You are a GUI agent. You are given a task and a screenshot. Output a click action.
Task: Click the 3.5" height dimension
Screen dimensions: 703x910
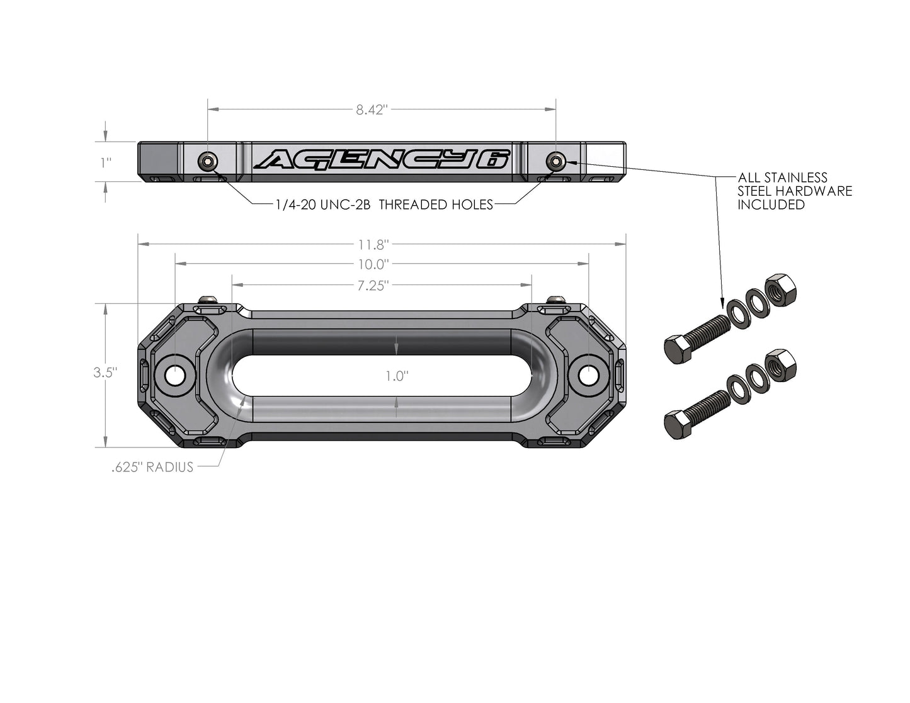click(105, 372)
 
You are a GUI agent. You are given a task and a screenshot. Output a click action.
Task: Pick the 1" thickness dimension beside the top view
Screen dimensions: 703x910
click(106, 162)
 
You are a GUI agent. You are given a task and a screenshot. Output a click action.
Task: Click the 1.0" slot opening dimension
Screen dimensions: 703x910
click(397, 376)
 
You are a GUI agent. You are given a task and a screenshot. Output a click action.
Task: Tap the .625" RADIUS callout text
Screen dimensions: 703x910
click(152, 468)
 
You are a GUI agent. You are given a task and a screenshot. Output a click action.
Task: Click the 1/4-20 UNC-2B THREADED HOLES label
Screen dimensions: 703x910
click(384, 205)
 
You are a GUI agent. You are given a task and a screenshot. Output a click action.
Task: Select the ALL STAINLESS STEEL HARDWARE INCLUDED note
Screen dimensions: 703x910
click(795, 191)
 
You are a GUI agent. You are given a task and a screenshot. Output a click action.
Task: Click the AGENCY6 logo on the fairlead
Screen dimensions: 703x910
click(382, 160)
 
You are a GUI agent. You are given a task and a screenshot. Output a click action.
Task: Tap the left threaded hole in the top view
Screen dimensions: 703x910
click(208, 162)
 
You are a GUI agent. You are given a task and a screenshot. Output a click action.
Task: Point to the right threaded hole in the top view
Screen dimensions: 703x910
click(555, 162)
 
